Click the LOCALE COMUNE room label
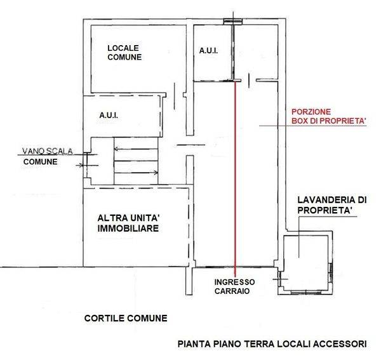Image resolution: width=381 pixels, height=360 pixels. (x=123, y=53)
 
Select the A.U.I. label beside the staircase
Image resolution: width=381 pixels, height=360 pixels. (x=108, y=116)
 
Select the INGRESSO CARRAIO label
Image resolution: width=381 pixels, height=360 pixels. (x=234, y=286)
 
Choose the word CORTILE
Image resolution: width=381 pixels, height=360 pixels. (x=104, y=318)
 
